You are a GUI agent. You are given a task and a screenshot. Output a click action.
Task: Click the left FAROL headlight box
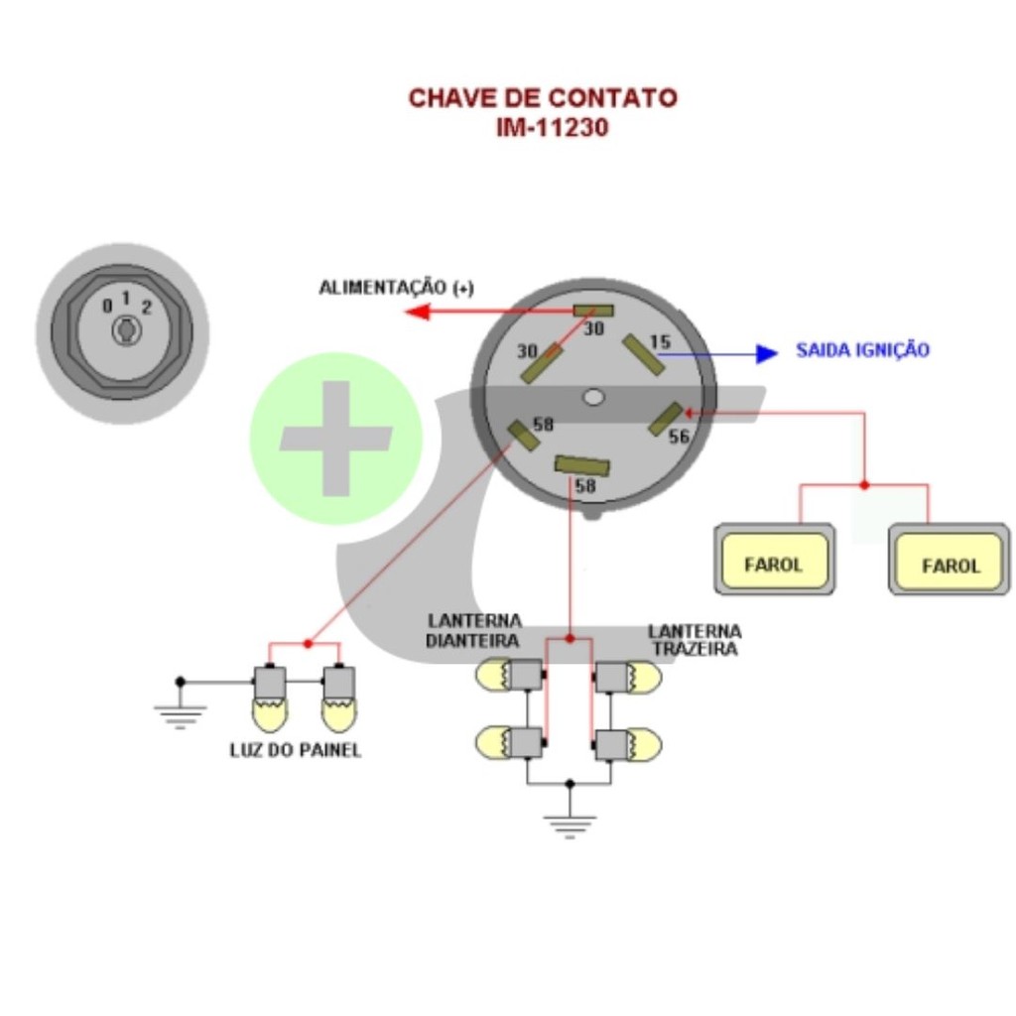point(774,561)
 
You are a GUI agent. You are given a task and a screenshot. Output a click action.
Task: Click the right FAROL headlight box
point(950,563)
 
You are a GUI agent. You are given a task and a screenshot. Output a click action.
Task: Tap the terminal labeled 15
point(642,355)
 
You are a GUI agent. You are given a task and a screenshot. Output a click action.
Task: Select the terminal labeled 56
point(665,419)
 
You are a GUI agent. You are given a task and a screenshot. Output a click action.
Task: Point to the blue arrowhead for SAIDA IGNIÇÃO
point(766,353)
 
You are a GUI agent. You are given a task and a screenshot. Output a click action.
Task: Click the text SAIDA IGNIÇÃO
point(862,350)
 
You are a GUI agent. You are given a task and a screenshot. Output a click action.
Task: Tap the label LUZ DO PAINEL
point(295,750)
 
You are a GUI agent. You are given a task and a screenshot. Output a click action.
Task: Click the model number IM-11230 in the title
point(552,128)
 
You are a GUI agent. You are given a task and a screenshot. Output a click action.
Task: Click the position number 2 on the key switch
point(146,307)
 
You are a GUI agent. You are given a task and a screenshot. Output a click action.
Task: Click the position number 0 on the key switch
point(107,307)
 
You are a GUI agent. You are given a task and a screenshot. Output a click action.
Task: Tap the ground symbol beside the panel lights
point(180,710)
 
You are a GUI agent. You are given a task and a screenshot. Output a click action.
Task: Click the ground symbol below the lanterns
point(570,823)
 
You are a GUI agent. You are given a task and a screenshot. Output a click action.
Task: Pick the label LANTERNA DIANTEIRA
point(474,631)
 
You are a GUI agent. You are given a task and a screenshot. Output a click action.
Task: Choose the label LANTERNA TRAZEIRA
point(694,640)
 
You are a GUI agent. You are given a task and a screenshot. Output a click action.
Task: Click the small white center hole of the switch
point(593,397)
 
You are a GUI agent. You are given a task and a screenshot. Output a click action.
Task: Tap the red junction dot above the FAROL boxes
point(864,485)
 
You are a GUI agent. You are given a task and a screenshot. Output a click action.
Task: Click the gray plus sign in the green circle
point(335,438)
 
